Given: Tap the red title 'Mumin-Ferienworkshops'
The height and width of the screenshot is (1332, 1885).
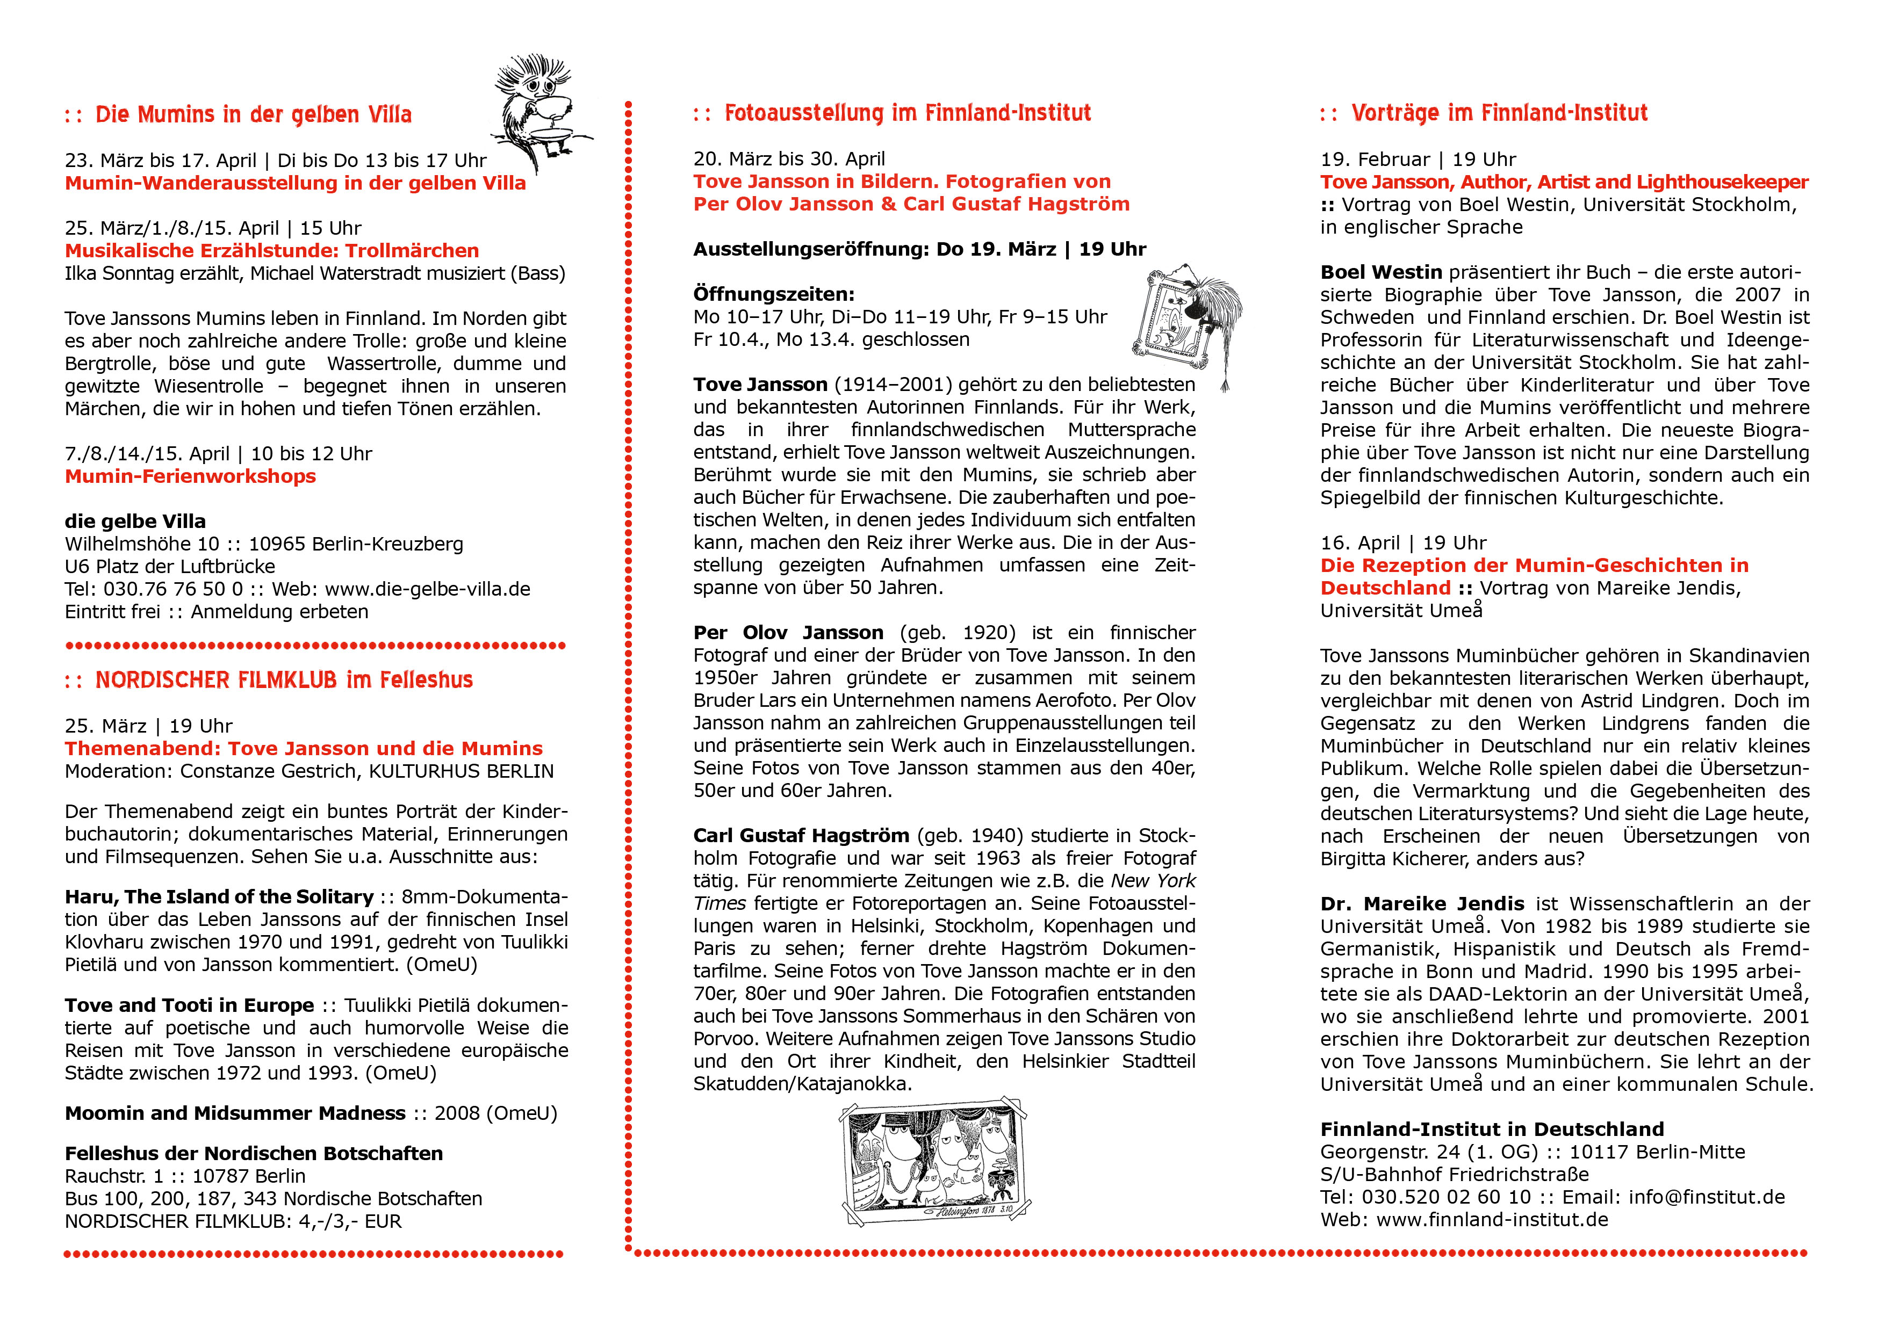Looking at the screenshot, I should click(190, 477).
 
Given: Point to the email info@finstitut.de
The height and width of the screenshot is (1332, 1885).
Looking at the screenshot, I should click(1706, 1197).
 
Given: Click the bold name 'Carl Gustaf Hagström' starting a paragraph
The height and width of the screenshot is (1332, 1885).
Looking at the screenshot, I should click(801, 836).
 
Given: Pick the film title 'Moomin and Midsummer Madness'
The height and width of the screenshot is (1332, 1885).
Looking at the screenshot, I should click(235, 1114).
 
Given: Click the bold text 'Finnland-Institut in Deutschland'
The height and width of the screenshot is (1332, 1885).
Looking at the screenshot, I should click(1492, 1130).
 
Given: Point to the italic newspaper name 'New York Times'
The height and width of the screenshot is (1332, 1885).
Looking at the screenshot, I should click(1152, 881).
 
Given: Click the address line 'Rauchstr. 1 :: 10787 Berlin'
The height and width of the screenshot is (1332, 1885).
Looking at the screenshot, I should click(185, 1177).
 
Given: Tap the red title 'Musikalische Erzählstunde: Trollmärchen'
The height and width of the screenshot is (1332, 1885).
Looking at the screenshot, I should click(272, 251).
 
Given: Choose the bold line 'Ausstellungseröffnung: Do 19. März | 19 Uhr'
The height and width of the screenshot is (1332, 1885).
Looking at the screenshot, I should click(919, 250).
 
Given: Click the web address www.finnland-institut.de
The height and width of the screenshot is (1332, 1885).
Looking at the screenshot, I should click(1491, 1220).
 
